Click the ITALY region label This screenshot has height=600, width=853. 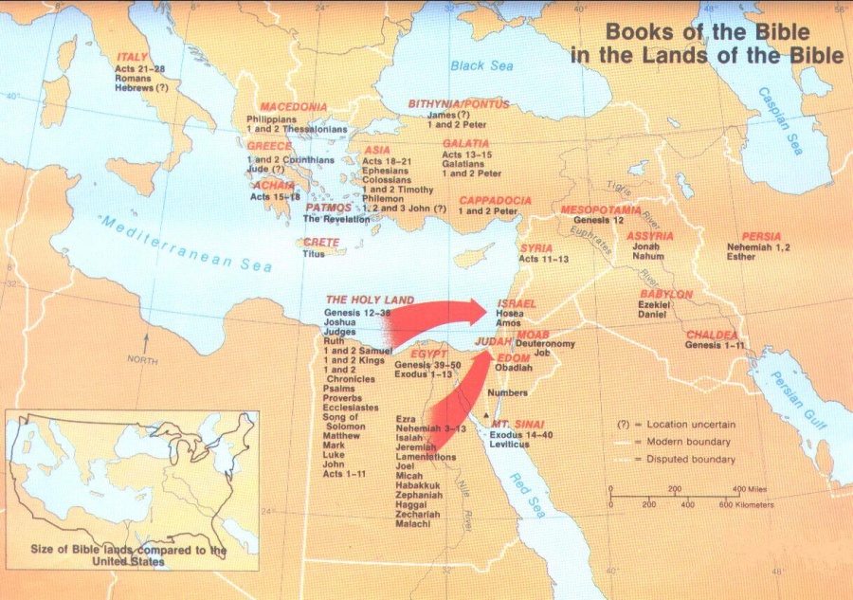click(131, 57)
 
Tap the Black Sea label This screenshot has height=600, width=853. click(481, 66)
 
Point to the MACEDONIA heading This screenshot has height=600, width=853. click(294, 107)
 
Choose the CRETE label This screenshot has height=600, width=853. click(321, 243)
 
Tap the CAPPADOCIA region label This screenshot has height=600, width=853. click(495, 201)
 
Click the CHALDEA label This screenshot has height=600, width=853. click(713, 335)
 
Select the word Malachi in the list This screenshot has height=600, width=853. click(414, 524)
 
